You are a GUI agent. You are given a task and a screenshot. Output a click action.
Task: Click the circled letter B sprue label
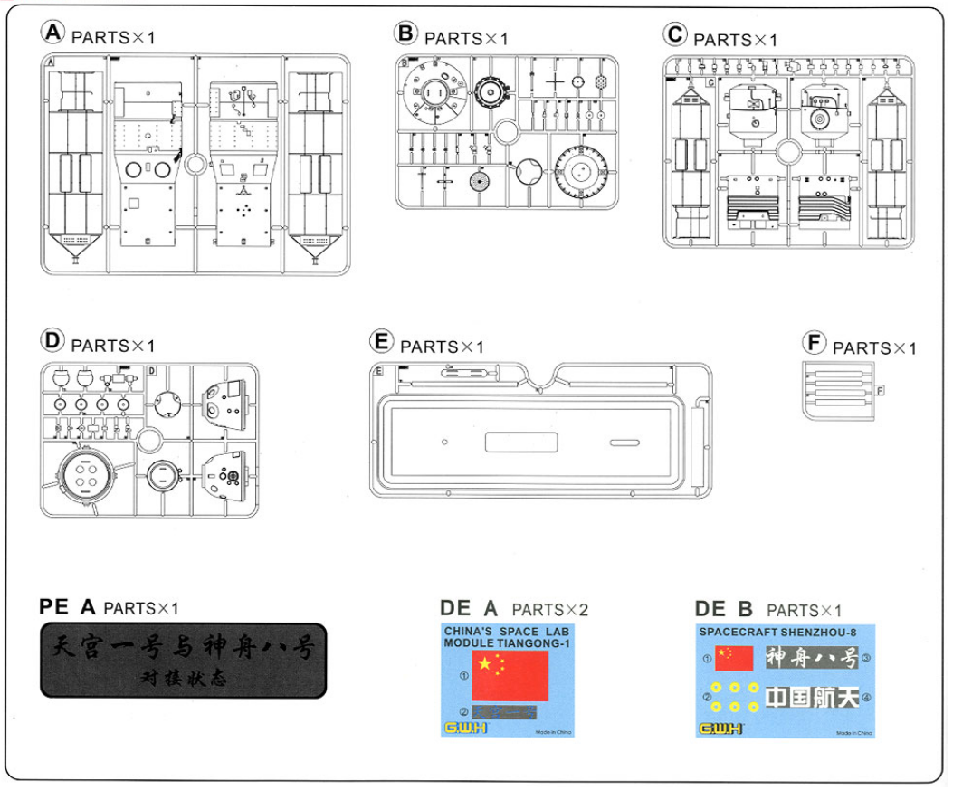point(406,34)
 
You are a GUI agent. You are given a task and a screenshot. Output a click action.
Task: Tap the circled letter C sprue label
point(675,35)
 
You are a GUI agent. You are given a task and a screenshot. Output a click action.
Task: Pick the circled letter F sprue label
point(815,343)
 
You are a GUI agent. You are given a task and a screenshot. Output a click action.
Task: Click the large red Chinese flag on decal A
point(510,675)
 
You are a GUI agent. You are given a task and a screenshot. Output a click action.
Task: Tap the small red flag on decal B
point(734,658)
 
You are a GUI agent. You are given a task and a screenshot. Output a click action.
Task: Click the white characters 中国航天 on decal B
point(810,698)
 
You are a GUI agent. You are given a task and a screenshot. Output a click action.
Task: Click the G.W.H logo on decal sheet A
point(465,728)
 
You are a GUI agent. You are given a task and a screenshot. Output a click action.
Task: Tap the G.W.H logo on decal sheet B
point(720,728)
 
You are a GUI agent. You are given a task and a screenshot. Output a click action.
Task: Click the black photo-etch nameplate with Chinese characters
point(183,660)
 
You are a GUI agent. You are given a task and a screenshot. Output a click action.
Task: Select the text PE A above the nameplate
point(67,606)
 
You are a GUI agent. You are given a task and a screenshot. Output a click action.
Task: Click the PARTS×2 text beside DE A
point(549,610)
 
